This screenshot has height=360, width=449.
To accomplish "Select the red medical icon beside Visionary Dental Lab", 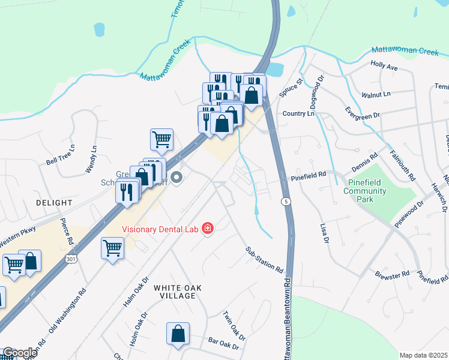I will click(207, 228).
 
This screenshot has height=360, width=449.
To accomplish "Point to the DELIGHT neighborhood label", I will click(53, 203).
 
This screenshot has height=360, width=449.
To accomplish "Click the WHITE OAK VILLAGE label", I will click(175, 292).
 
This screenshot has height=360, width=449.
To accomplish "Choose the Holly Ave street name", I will click(384, 67).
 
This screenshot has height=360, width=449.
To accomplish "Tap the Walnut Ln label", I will click(376, 94).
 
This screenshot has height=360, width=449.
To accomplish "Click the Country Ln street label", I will click(298, 113).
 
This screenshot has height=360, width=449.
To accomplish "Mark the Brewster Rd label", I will click(392, 272).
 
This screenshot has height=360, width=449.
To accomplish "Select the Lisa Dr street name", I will click(325, 232).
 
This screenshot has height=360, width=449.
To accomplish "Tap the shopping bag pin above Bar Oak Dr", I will click(178, 335).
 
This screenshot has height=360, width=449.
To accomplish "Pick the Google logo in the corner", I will click(19, 353).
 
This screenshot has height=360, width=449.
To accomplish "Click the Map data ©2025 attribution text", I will click(423, 355).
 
